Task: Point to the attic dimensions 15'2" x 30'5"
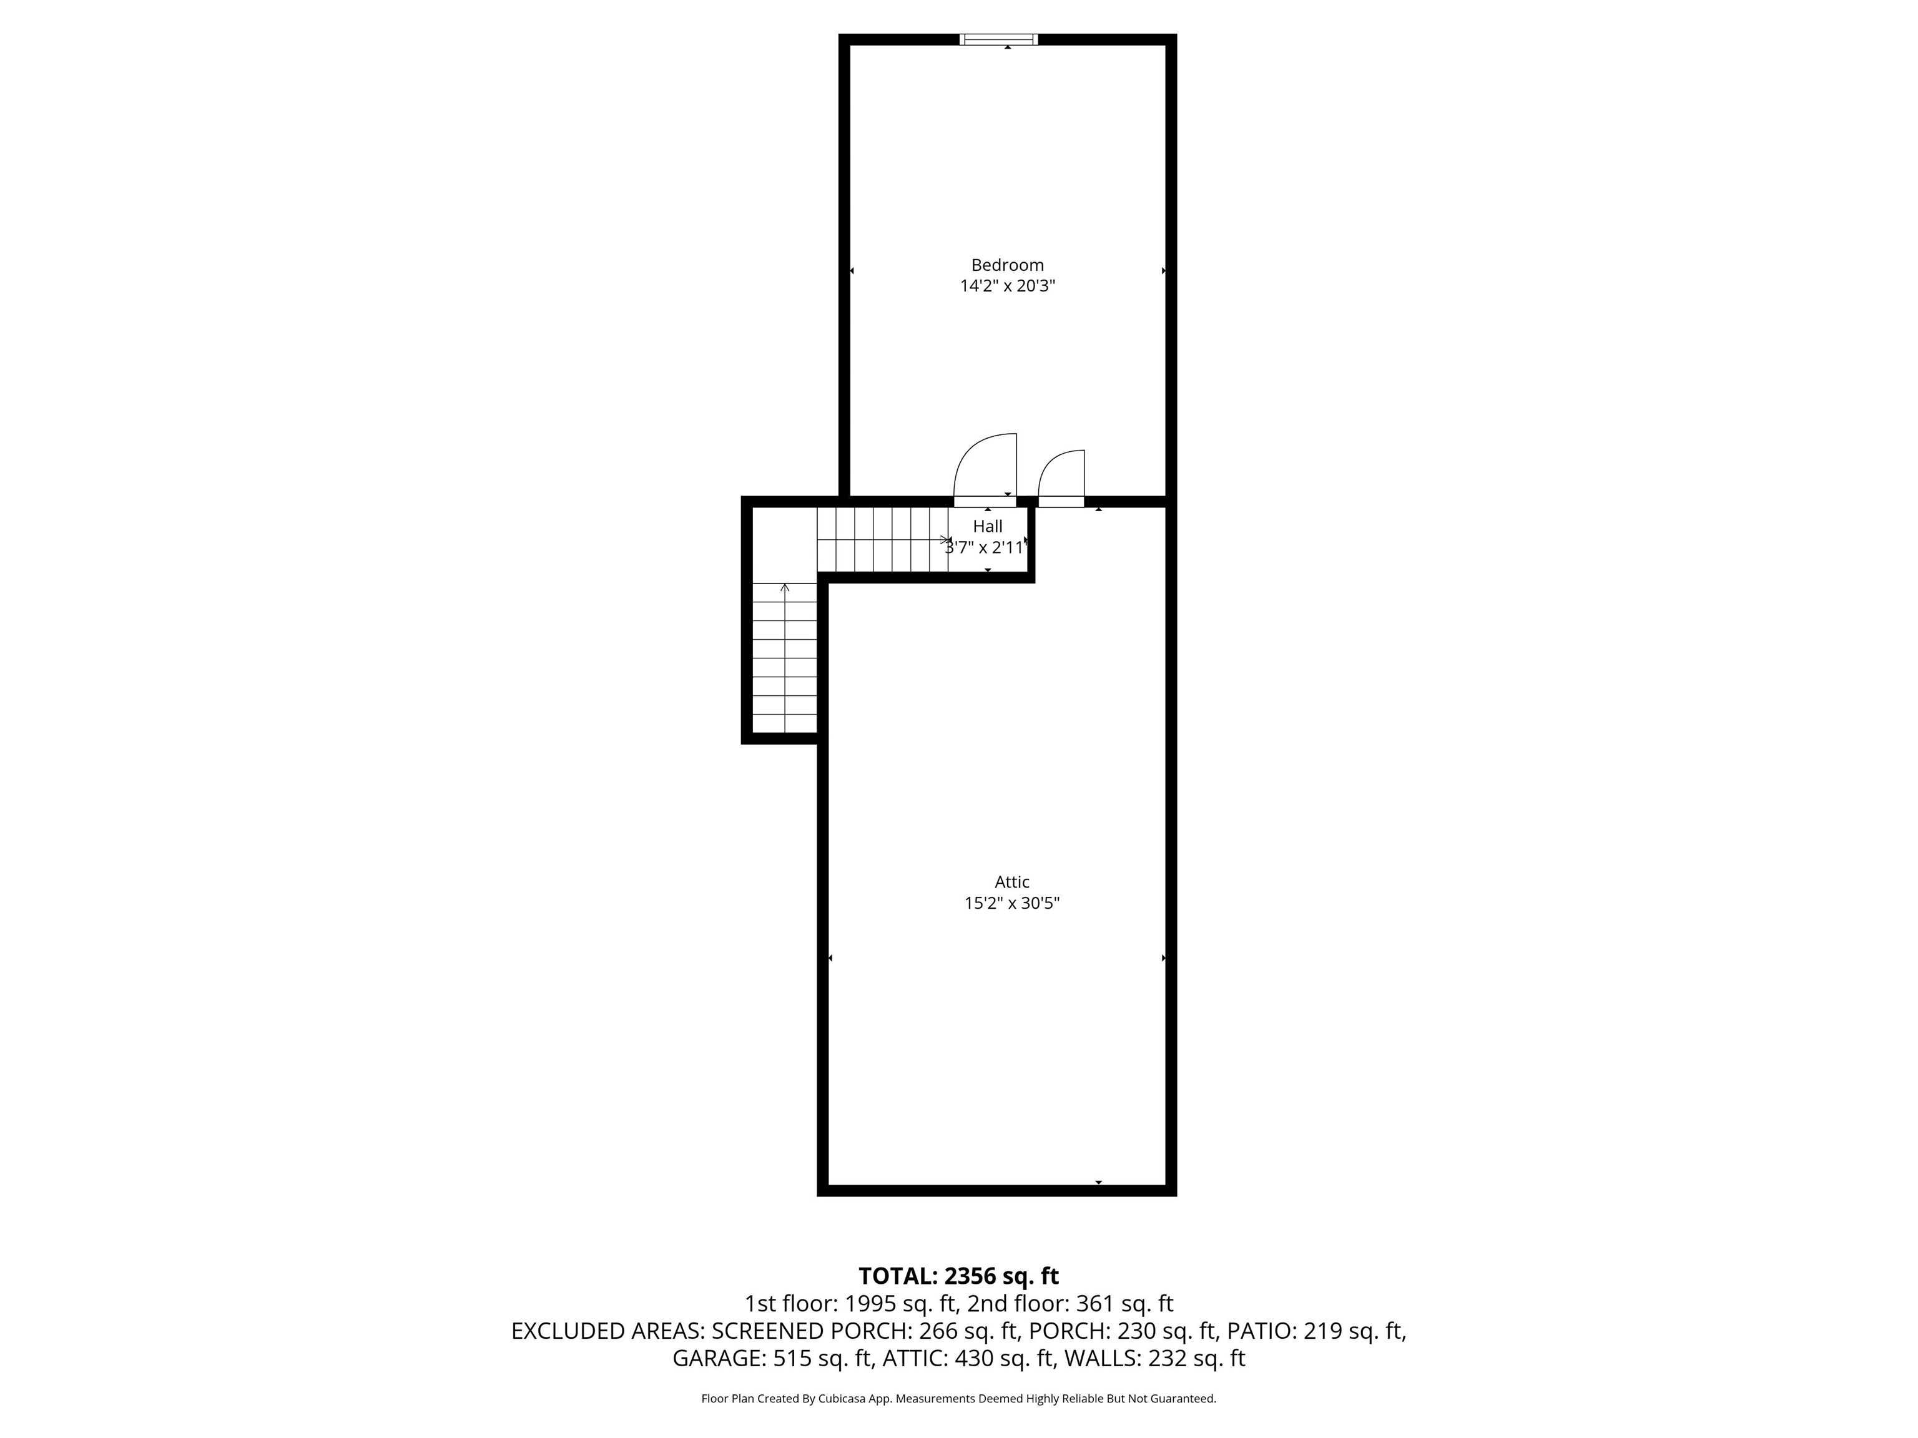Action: coord(1012,903)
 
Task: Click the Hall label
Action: coord(988,526)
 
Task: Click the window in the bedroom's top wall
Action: coord(999,39)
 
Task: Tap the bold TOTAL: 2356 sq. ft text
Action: coord(958,1276)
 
